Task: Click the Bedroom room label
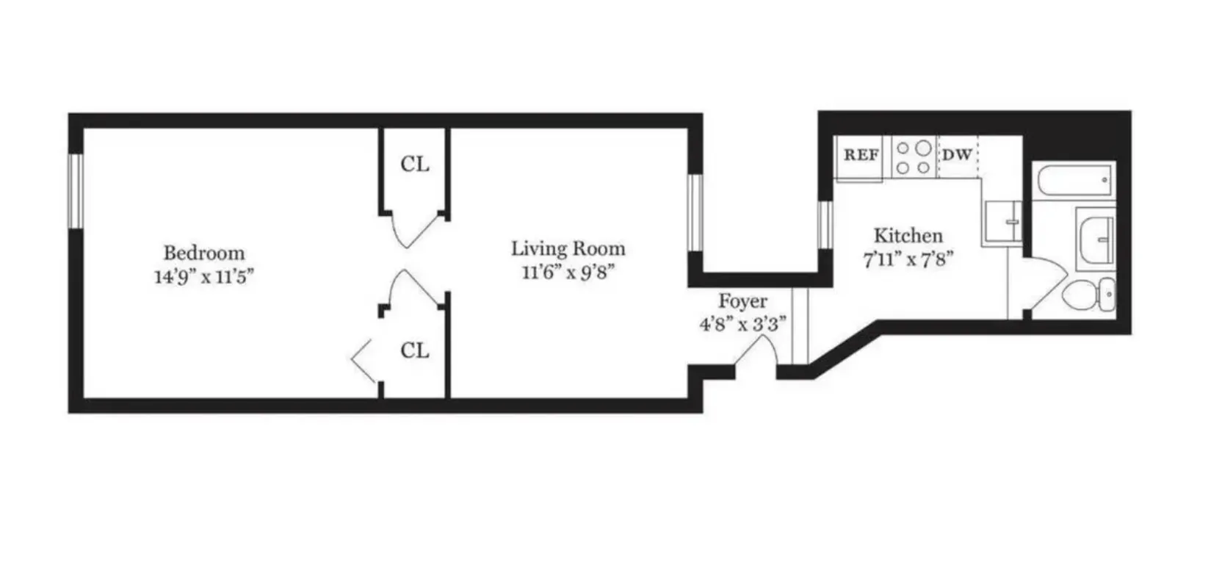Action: coord(203,253)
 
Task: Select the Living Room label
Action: coord(568,249)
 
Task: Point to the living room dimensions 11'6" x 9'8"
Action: coord(568,273)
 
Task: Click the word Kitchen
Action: coord(908,236)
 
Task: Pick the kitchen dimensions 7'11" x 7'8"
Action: coord(908,260)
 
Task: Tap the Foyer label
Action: coord(742,301)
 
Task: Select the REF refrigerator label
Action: coord(861,156)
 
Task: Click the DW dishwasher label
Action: coord(956,156)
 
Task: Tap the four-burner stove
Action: coord(914,157)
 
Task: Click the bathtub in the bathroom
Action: coord(1074,179)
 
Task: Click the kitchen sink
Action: coord(1002,221)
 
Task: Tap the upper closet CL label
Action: coord(414,165)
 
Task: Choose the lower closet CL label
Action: coord(414,351)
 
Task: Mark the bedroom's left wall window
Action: coord(76,191)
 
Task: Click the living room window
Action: coord(695,213)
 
